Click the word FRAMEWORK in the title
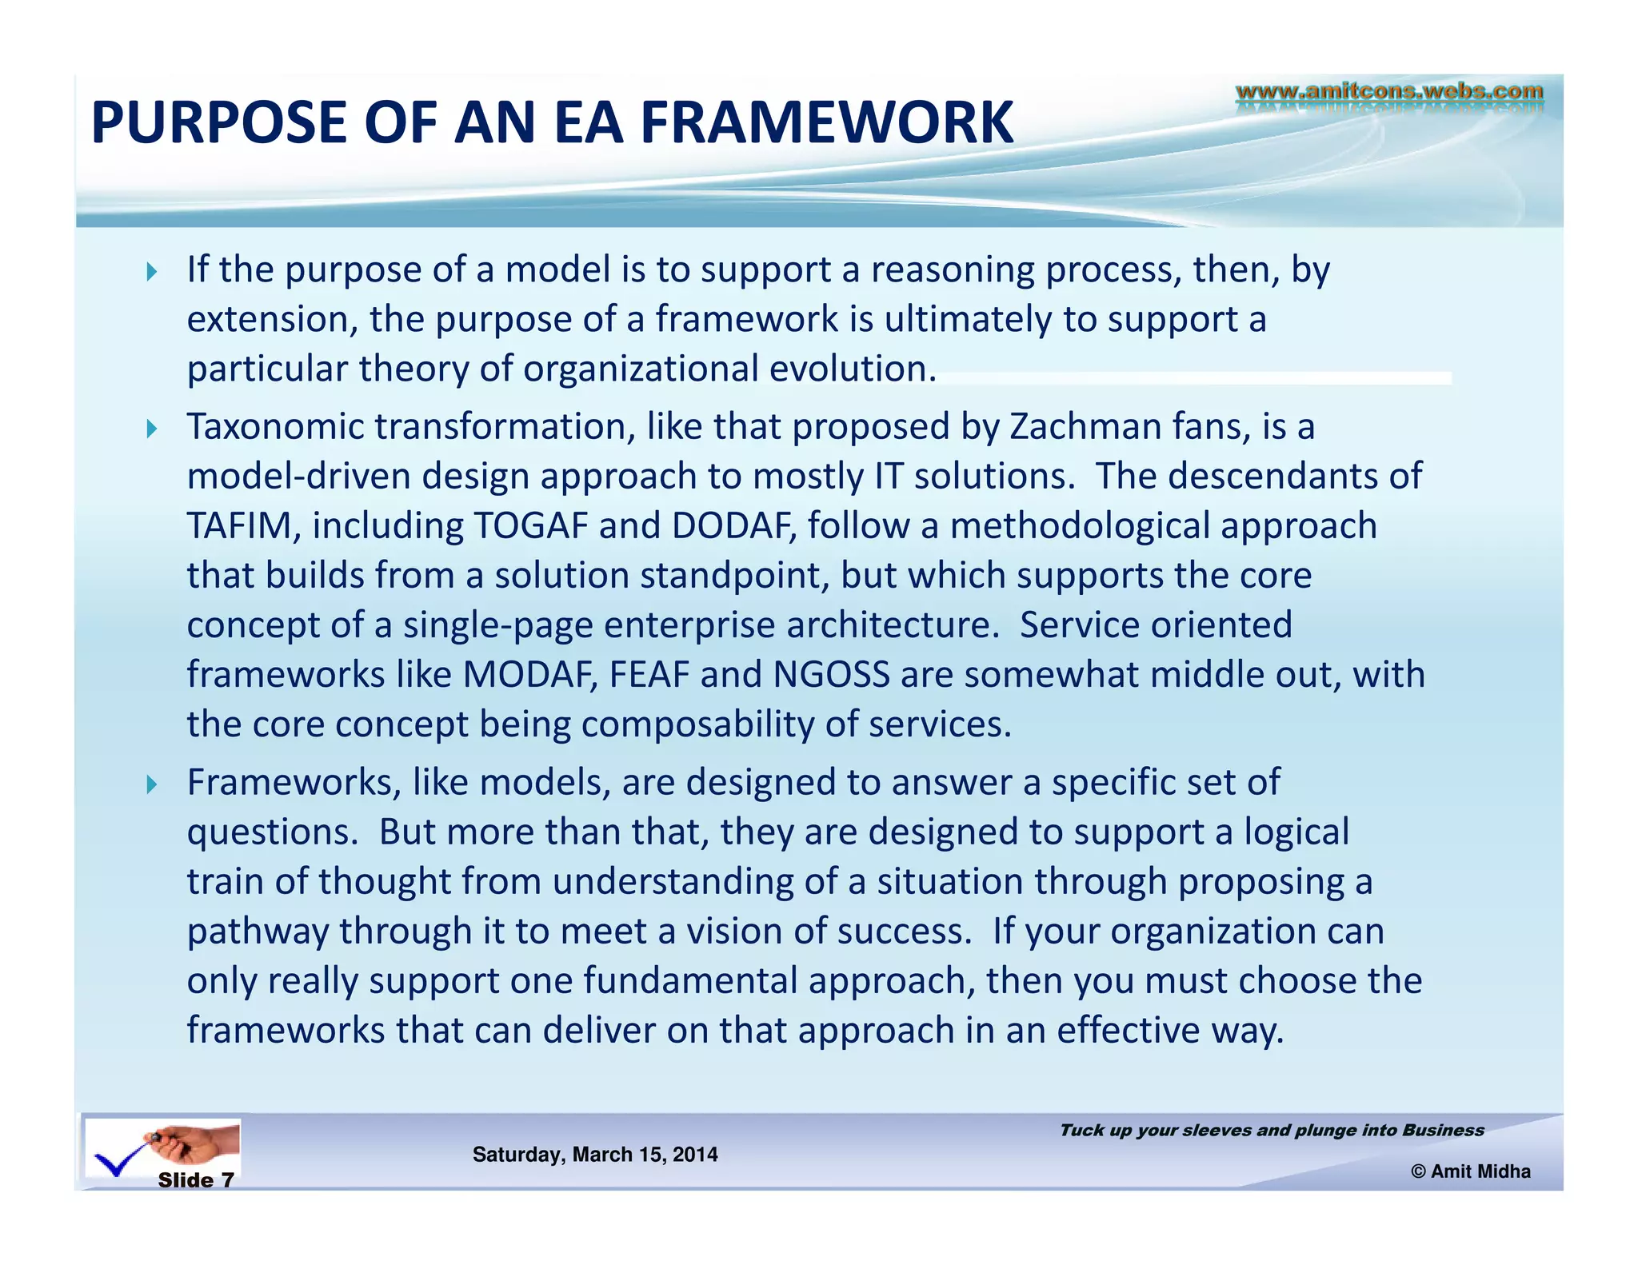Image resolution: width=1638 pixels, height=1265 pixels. [x=827, y=122]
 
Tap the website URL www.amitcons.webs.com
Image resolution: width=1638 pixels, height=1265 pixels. [x=1389, y=92]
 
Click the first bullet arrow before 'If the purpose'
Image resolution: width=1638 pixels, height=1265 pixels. [x=152, y=272]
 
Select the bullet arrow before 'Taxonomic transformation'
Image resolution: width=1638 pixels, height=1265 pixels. [x=152, y=429]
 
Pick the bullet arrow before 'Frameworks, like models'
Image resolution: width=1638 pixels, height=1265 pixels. [x=152, y=784]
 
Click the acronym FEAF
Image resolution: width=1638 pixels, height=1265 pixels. [x=649, y=675]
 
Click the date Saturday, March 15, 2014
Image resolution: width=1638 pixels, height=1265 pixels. [x=595, y=1155]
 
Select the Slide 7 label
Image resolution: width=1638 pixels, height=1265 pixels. [x=196, y=1180]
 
